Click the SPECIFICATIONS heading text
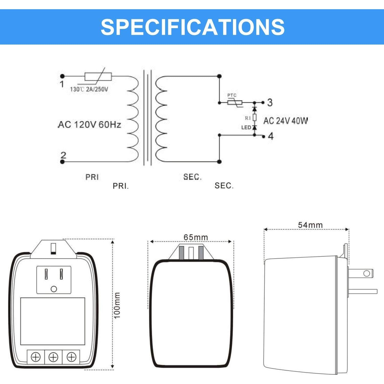pyautogui.click(x=193, y=27)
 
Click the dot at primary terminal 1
pyautogui.click(x=62, y=76)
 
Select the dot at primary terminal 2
pyautogui.click(x=62, y=162)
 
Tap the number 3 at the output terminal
pyautogui.click(x=270, y=102)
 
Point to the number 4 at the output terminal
pyautogui.click(x=271, y=136)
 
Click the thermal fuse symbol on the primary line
pyautogui.click(x=98, y=76)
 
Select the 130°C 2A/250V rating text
pyautogui.click(x=89, y=89)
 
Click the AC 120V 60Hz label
pyautogui.click(x=89, y=125)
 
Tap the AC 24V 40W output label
pyautogui.click(x=285, y=121)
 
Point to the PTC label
pyautogui.click(x=232, y=95)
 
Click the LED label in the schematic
pyautogui.click(x=246, y=127)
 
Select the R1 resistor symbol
pyautogui.click(x=254, y=118)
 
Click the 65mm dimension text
pyautogui.click(x=196, y=237)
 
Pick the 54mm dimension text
pyautogui.click(x=310, y=225)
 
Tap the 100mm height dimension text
pyautogui.click(x=117, y=305)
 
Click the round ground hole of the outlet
pyautogui.click(x=54, y=289)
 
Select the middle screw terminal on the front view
pyautogui.click(x=53, y=357)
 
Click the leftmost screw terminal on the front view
pyautogui.click(x=36, y=357)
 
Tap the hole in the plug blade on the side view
pyautogui.click(x=367, y=273)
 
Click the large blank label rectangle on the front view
pyautogui.click(x=52, y=321)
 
